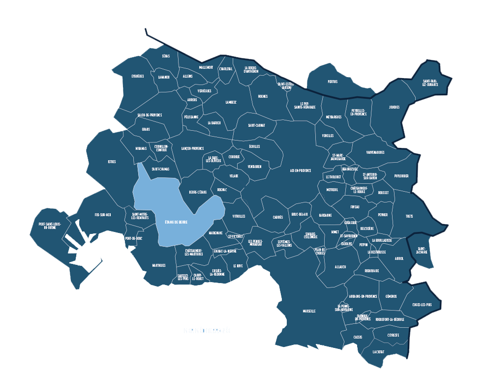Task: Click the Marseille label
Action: (x=309, y=311)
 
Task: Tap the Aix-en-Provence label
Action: (x=301, y=171)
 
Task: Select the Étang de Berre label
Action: (x=176, y=222)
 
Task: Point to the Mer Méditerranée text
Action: (x=207, y=331)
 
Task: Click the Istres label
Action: (x=112, y=162)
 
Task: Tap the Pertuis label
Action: (x=333, y=82)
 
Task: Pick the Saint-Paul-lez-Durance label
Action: (x=430, y=83)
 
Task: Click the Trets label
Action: (x=409, y=216)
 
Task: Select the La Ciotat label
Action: (x=378, y=352)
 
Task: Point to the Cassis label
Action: (x=358, y=337)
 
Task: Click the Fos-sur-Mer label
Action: (x=103, y=215)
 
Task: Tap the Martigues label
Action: (x=158, y=265)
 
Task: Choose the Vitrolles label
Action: (x=239, y=216)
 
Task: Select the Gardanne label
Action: (x=325, y=215)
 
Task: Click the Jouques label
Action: (x=394, y=107)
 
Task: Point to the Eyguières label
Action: (x=138, y=76)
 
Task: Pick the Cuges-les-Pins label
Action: (x=422, y=305)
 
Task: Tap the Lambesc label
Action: (x=231, y=102)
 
